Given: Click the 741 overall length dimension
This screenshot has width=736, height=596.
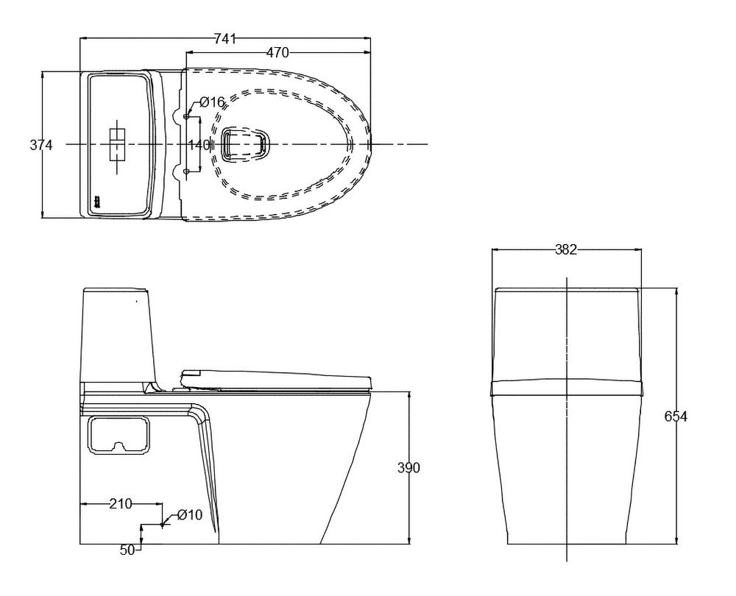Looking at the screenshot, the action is pyautogui.click(x=224, y=40).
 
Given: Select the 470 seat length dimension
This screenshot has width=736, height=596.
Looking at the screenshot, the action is pyautogui.click(x=278, y=53).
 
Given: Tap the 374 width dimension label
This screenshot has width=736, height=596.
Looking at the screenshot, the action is pyautogui.click(x=41, y=145).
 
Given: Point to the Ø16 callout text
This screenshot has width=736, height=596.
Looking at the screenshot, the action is pyautogui.click(x=213, y=102).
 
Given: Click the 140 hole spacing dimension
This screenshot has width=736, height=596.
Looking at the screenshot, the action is pyautogui.click(x=199, y=144).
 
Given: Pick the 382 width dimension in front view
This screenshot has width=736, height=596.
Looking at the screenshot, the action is pyautogui.click(x=565, y=249).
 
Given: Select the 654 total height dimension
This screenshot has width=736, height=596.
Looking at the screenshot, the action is pyautogui.click(x=676, y=416).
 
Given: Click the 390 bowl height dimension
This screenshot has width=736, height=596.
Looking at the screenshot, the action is pyautogui.click(x=408, y=467).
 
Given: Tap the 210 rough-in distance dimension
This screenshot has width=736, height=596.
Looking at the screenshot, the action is pyautogui.click(x=121, y=504).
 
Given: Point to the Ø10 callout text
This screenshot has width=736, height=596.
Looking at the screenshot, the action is pyautogui.click(x=190, y=515).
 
